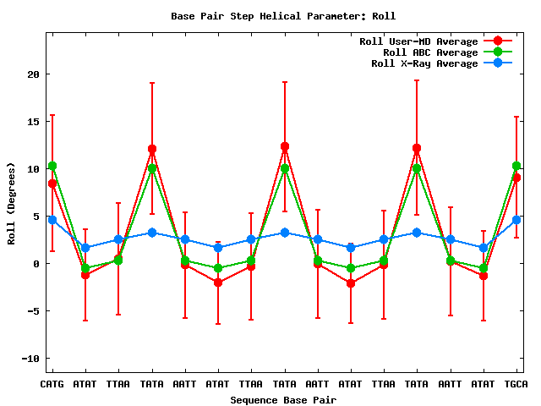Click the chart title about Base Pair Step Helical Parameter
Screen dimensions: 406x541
pos(283,16)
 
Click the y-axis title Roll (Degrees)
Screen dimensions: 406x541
pos(12,203)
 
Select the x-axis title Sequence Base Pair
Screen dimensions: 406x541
pos(282,399)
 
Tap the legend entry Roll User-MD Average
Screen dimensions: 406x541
pos(418,41)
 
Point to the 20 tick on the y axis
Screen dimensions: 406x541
pos(34,74)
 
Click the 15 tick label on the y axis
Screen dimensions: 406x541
pos(34,122)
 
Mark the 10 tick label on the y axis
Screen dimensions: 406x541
pos(34,169)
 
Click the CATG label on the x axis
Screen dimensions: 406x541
pos(52,384)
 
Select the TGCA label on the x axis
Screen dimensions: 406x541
pos(516,384)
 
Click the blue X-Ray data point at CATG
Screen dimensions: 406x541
pos(52,220)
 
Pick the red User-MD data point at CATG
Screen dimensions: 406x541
pos(52,184)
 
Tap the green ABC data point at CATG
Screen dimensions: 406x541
pos(52,166)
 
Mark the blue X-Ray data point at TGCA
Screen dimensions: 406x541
pos(516,220)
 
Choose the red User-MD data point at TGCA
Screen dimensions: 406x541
pos(516,178)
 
